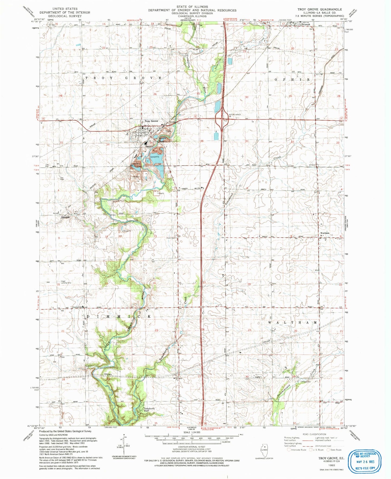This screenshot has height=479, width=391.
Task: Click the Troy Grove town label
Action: coord(151,121)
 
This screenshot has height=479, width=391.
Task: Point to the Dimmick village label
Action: coord(65,217)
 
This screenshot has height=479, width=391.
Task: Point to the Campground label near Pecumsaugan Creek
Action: coord(306,382)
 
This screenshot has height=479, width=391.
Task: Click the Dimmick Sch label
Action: coord(78,307)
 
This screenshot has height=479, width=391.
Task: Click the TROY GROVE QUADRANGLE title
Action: coord(320,9)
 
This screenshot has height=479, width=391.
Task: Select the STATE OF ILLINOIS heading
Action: coord(192,6)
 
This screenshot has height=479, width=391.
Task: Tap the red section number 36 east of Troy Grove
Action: coord(202,141)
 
